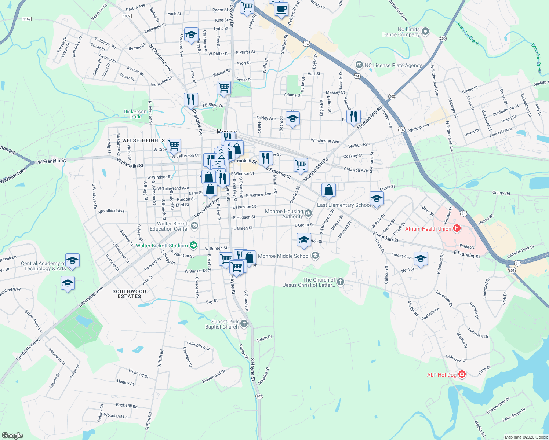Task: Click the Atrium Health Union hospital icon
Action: tap(457, 229)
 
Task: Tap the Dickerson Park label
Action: tap(135, 114)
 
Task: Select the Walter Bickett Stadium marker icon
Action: tap(193, 245)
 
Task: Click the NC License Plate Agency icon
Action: tap(359, 65)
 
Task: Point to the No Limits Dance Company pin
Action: tap(425, 32)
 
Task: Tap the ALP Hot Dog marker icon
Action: tap(462, 374)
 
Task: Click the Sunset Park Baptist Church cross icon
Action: tap(244, 323)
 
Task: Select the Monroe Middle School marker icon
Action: tap(315, 256)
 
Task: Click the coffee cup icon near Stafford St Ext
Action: tap(281, 9)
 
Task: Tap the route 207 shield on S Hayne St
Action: tap(259, 396)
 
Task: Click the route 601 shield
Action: tap(512, 270)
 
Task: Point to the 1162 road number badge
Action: tap(26, 19)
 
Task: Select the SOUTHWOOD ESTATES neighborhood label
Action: tap(130, 294)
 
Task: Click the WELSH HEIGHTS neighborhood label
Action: tap(143, 140)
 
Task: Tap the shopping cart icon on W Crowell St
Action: tap(174, 145)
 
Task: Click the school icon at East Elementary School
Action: tap(377, 199)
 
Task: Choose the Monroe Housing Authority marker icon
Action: tap(308, 213)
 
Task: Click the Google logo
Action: tap(12, 436)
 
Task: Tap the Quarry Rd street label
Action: tap(501, 193)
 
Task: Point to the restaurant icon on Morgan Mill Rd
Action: tap(353, 117)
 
